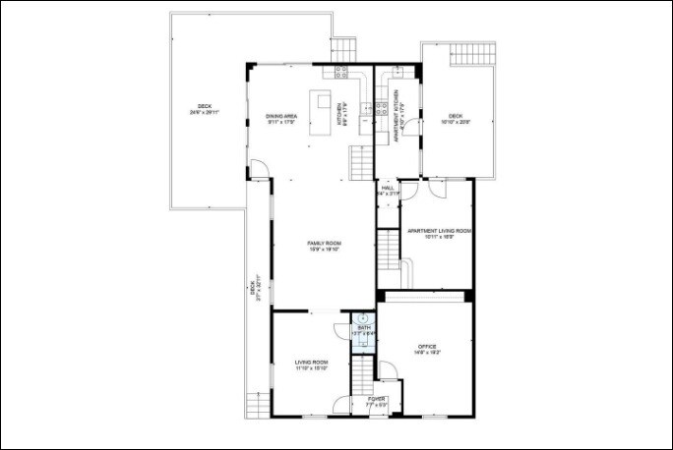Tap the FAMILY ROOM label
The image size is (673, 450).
click(x=324, y=246)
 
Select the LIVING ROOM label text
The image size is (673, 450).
click(x=311, y=365)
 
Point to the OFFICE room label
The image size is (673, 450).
click(x=426, y=349)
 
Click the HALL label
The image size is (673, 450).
click(x=388, y=190)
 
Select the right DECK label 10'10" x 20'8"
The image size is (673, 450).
click(x=456, y=119)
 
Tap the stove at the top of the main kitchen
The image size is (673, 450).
click(x=343, y=71)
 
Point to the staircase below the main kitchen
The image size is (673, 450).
click(x=362, y=159)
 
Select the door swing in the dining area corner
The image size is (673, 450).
click(x=258, y=171)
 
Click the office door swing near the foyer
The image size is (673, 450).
click(x=389, y=370)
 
